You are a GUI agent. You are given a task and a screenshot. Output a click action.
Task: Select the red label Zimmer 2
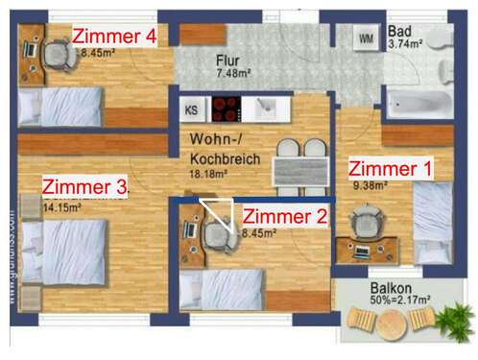284,216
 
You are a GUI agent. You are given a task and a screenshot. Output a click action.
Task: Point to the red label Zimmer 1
390,168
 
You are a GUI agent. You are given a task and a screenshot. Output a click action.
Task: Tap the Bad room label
400,30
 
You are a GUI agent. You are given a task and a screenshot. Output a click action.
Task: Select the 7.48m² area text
233,73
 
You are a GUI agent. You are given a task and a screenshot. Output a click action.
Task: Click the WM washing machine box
366,38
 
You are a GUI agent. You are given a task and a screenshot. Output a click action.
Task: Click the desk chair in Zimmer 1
366,225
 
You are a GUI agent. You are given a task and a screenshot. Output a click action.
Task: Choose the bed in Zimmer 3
67,248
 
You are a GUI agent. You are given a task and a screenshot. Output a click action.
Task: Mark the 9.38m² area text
369,186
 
